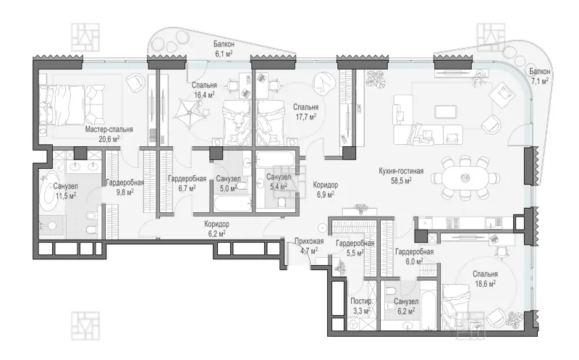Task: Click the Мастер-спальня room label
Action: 109,130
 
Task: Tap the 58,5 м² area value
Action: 401,181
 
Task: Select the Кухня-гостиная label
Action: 401,171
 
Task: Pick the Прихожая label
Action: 309,242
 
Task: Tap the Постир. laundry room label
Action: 361,301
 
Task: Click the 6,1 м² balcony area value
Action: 224,54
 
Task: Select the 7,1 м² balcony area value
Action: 539,81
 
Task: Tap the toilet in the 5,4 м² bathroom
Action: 282,202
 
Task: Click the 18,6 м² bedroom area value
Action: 485,284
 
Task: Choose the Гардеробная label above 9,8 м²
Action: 124,183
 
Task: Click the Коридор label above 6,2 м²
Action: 216,224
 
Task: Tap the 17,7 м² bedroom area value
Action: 305,117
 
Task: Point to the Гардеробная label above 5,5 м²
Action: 355,243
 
